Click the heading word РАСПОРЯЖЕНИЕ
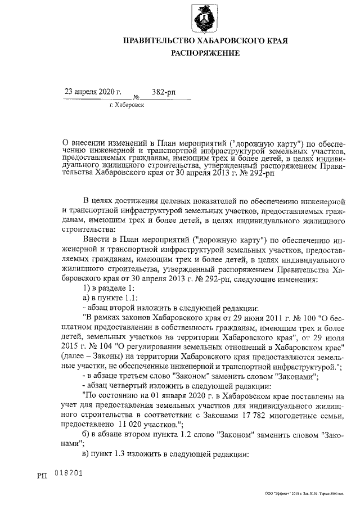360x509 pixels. point(205,53)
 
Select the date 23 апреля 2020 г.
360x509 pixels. point(93,91)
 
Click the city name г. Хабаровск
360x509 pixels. point(127,105)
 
